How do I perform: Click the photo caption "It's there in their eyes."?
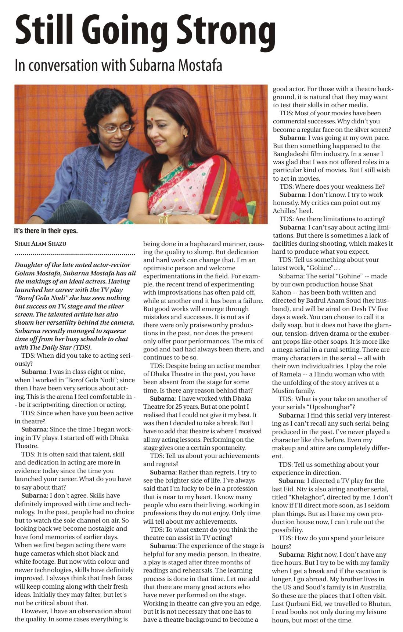46,231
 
